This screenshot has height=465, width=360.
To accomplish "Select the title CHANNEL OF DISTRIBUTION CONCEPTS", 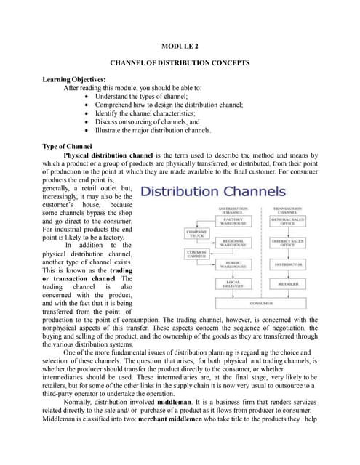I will tap(179, 64).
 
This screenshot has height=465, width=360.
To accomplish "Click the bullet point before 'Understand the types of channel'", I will tap(88, 96).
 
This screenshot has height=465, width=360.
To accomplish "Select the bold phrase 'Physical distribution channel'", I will tap(108, 155).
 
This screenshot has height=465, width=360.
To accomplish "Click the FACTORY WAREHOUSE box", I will tap(233, 220).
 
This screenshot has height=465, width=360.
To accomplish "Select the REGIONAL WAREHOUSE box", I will tap(233, 242).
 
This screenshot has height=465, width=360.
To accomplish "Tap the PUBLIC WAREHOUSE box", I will tap(233, 264).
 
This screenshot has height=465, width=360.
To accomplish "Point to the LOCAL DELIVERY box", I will tap(233, 284).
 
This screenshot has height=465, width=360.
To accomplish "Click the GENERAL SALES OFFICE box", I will tap(287, 220).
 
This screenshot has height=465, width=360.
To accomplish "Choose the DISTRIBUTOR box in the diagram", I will tap(288, 264).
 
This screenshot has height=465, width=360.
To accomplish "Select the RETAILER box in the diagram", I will tap(288, 284).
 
